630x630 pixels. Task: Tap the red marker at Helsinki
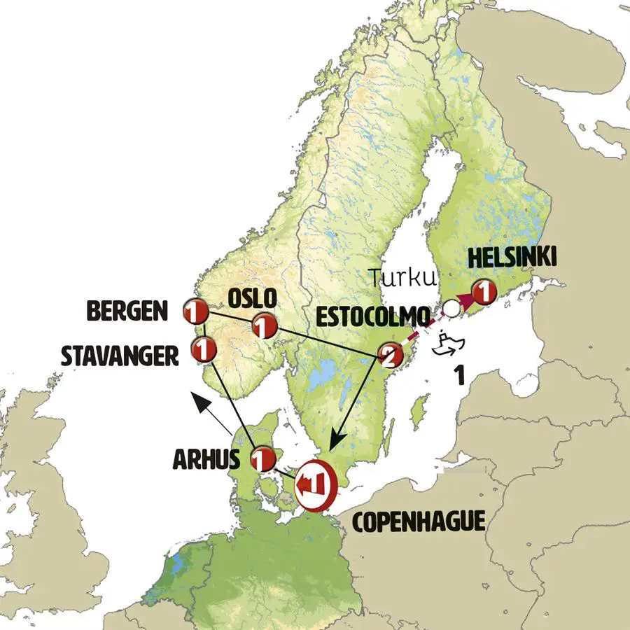point(483,290)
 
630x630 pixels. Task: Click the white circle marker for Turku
point(451,307)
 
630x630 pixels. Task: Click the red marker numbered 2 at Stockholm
point(389,357)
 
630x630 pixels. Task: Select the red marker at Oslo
point(264,325)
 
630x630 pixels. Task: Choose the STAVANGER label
point(118,355)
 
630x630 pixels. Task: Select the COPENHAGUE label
point(419,521)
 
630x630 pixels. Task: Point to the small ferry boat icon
point(446,346)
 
